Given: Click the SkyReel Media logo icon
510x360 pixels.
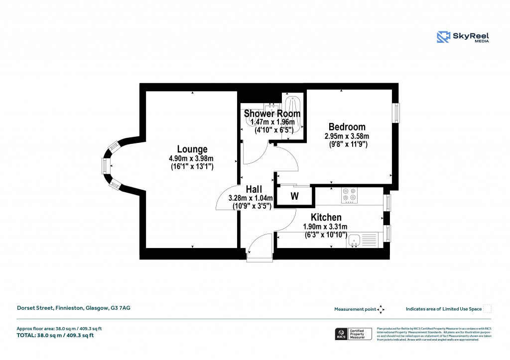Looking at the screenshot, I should pyautogui.click(x=443, y=37).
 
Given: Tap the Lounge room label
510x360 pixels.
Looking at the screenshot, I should pyautogui.click(x=192, y=149).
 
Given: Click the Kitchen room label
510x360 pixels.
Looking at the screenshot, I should pyautogui.click(x=326, y=217).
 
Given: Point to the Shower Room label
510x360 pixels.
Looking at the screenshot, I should pyautogui.click(x=272, y=114).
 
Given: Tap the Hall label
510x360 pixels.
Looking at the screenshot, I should pyautogui.click(x=254, y=189).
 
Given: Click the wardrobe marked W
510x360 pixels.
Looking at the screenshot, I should pyautogui.click(x=294, y=196).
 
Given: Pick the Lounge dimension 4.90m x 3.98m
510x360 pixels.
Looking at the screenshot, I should pyautogui.click(x=192, y=158).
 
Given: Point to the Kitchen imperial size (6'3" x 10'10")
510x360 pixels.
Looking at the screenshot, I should pyautogui.click(x=325, y=235).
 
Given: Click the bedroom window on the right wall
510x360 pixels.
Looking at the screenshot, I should pyautogui.click(x=396, y=113).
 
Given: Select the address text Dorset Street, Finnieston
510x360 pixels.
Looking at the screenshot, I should pyautogui.click(x=74, y=309).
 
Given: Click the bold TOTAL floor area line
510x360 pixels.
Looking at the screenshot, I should pyautogui.click(x=55, y=335).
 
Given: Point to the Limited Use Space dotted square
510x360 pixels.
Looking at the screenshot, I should pyautogui.click(x=488, y=309).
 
